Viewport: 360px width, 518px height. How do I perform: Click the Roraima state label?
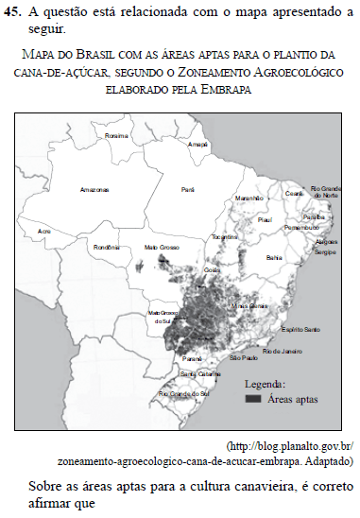click(x=116, y=136)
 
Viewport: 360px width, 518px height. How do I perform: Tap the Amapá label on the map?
click(x=197, y=144)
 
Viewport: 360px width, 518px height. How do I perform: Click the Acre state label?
click(x=43, y=231)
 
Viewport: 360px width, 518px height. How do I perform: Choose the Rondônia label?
click(x=105, y=248)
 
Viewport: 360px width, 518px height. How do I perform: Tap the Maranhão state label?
click(x=248, y=199)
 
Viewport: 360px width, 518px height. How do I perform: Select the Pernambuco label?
click(x=300, y=228)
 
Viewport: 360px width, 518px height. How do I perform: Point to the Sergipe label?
click(x=325, y=253)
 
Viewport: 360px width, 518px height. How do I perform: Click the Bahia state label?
click(x=275, y=256)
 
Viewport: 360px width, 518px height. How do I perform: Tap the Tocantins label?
click(x=224, y=236)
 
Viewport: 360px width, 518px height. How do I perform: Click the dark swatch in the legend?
click(x=253, y=399)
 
